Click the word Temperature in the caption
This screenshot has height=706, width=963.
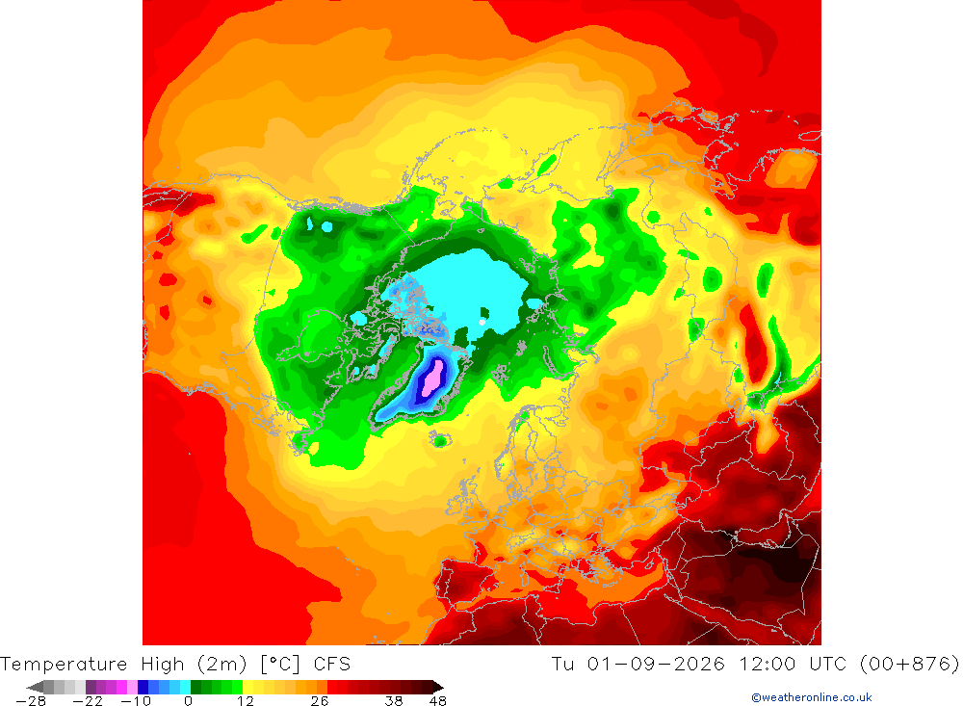(x=64, y=665)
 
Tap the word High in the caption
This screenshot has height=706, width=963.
(x=162, y=665)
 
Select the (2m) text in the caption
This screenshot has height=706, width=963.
(x=222, y=665)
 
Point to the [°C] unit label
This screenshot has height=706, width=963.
(x=280, y=665)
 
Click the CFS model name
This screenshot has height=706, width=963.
(x=331, y=665)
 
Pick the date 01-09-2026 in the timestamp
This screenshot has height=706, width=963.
(x=656, y=665)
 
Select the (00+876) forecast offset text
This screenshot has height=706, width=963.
(x=910, y=665)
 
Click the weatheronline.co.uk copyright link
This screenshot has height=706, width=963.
(x=811, y=697)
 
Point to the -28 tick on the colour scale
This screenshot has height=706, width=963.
(x=32, y=701)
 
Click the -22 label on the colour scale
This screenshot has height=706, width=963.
(x=88, y=701)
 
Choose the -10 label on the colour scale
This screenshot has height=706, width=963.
(x=136, y=701)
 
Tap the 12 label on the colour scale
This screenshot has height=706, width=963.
(x=245, y=701)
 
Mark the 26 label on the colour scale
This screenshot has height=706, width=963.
(x=320, y=701)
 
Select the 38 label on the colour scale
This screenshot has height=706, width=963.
(x=394, y=701)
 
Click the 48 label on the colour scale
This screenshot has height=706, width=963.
(x=438, y=701)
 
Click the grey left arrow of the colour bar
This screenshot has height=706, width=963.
(x=37, y=687)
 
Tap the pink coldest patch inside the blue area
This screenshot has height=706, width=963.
(x=433, y=378)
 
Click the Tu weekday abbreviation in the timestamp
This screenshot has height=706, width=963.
(x=563, y=665)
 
